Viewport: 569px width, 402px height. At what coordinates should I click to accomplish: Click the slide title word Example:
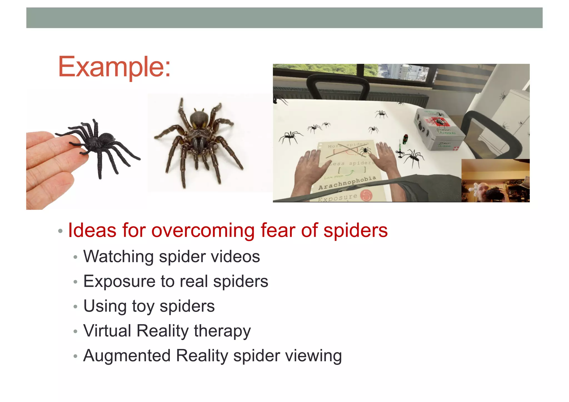click(x=114, y=67)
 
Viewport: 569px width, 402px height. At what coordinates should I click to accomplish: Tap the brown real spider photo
click(x=199, y=139)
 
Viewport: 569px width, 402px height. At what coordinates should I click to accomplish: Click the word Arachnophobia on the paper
click(x=347, y=183)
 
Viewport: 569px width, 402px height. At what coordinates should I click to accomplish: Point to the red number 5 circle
click(x=366, y=195)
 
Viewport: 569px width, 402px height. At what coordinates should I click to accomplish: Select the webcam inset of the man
click(x=495, y=181)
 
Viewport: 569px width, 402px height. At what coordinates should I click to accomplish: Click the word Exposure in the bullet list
click(x=119, y=281)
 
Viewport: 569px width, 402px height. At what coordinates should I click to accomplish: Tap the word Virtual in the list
click(x=107, y=331)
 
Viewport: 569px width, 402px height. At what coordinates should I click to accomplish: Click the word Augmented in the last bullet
click(x=127, y=356)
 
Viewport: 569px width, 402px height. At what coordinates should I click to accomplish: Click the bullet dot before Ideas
click(x=60, y=231)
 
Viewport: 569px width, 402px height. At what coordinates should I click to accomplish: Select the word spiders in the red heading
click(x=355, y=231)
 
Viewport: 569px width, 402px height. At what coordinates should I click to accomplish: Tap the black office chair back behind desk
click(x=338, y=86)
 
